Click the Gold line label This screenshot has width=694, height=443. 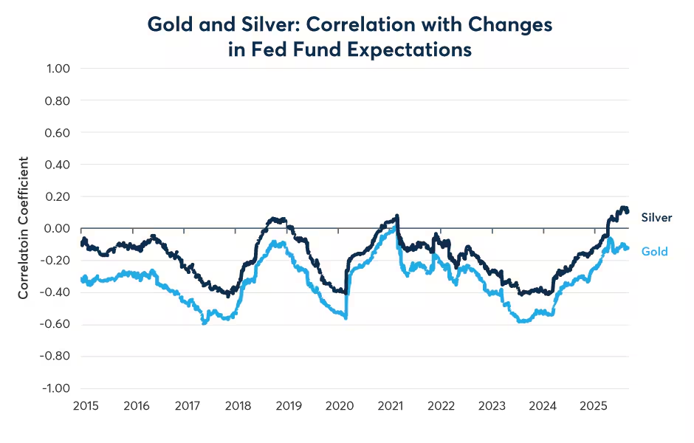click(x=654, y=252)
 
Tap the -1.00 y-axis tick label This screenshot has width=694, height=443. click(x=54, y=388)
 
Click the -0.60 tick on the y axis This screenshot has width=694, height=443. click(x=54, y=324)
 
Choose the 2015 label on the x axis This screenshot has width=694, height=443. click(x=86, y=406)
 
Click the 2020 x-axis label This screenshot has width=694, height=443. click(x=340, y=406)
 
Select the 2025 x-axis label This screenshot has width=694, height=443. click(x=594, y=406)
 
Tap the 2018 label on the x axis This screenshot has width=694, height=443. click(x=238, y=406)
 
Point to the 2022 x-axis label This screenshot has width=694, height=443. click(x=441, y=406)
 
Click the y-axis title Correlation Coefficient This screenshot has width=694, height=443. click(x=24, y=228)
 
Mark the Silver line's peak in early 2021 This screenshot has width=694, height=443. click(x=397, y=216)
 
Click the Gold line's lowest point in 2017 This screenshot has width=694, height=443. click(x=205, y=323)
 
